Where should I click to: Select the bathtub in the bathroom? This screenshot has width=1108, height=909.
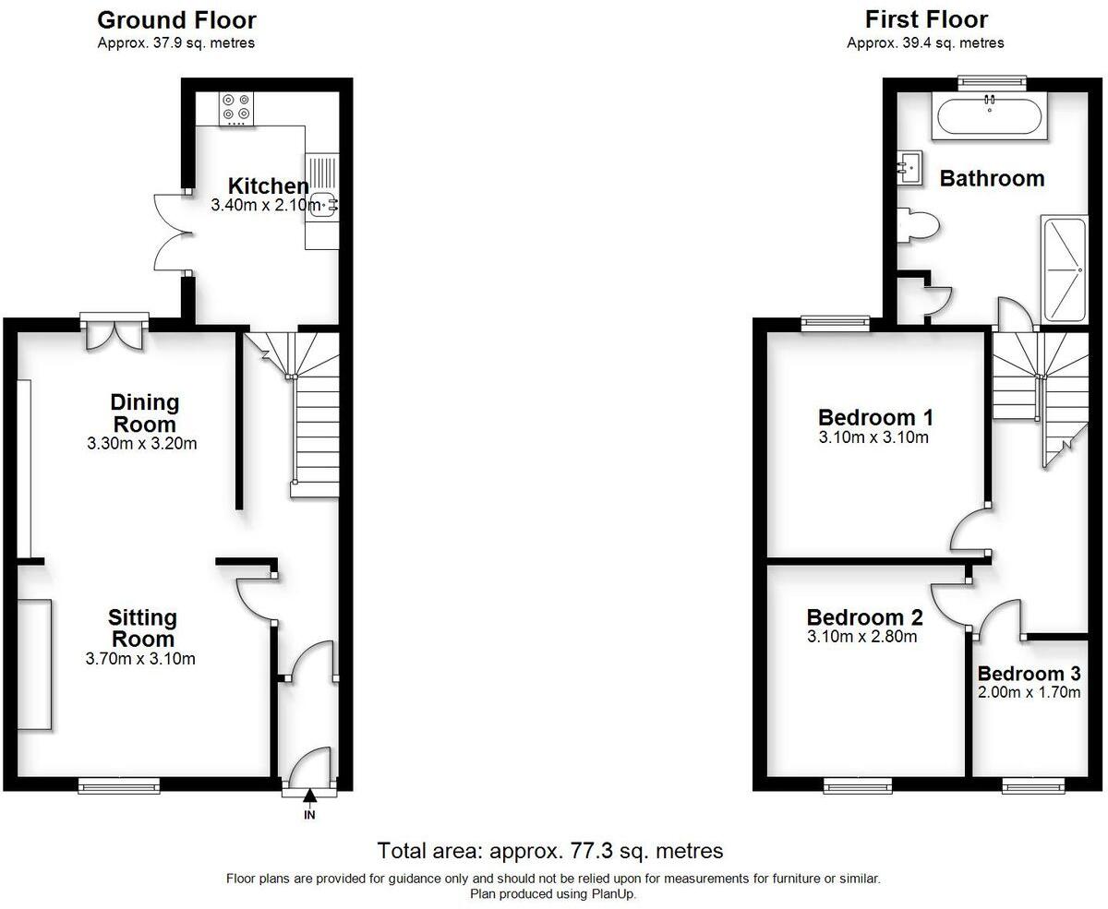point(990,117)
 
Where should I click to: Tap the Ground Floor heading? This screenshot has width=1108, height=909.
point(176,20)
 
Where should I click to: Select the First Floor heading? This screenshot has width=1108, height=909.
point(926,20)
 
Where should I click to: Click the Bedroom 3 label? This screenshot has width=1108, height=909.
point(1029,674)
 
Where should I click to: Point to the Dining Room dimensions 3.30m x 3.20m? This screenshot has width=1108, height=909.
point(144,444)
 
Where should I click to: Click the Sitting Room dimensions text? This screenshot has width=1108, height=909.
point(141,659)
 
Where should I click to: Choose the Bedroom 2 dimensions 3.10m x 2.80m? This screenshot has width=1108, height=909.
point(862,637)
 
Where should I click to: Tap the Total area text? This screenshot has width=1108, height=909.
point(550,850)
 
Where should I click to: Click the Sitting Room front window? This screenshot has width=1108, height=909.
point(118,785)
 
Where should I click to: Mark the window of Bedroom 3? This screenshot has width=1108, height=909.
point(1034,785)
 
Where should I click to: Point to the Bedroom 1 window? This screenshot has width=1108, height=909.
point(836,323)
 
